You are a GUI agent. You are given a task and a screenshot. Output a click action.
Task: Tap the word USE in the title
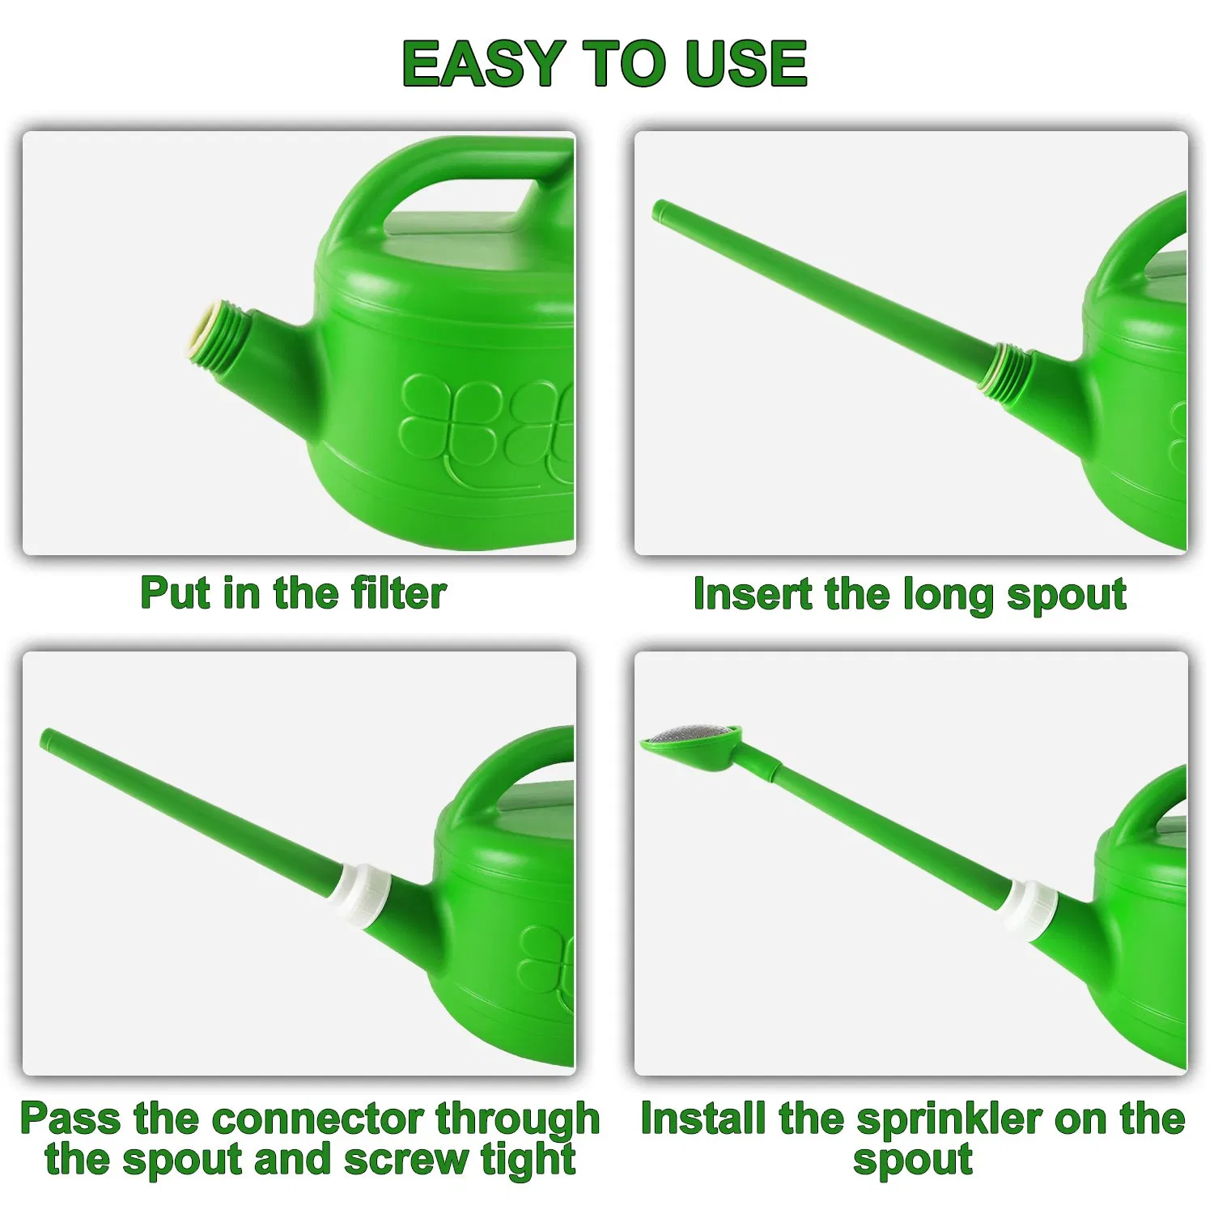[x=745, y=63]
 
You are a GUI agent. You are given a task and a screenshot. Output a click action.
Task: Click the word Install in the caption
[x=703, y=1118]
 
